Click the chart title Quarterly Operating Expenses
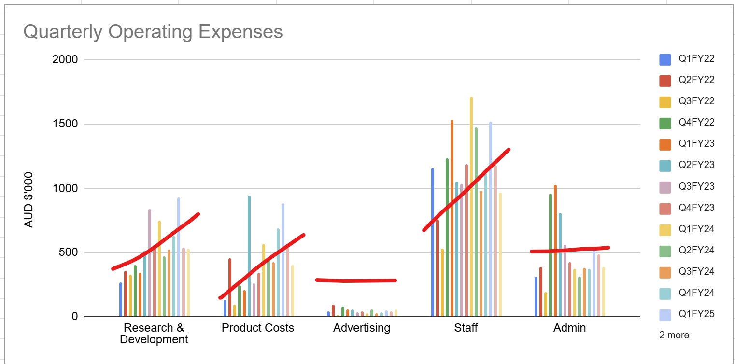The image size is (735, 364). point(153,32)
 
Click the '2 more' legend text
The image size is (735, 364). point(674,335)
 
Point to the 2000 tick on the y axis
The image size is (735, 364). point(65,60)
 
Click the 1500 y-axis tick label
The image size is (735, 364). point(65,124)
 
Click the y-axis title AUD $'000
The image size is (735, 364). point(29,199)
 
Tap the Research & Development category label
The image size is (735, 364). point(154,334)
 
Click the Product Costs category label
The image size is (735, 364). point(257,328)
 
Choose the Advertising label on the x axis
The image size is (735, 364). point(361,328)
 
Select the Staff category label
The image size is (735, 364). point(466,328)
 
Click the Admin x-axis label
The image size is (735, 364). point(569,328)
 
